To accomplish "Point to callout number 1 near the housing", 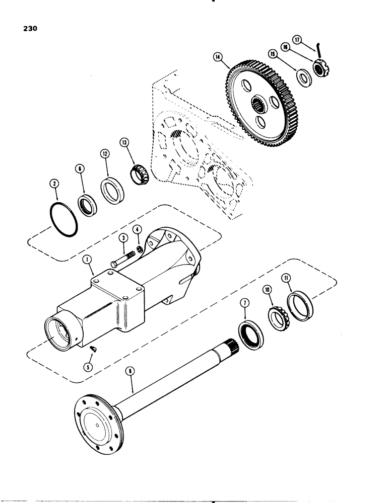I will click(88, 260).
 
